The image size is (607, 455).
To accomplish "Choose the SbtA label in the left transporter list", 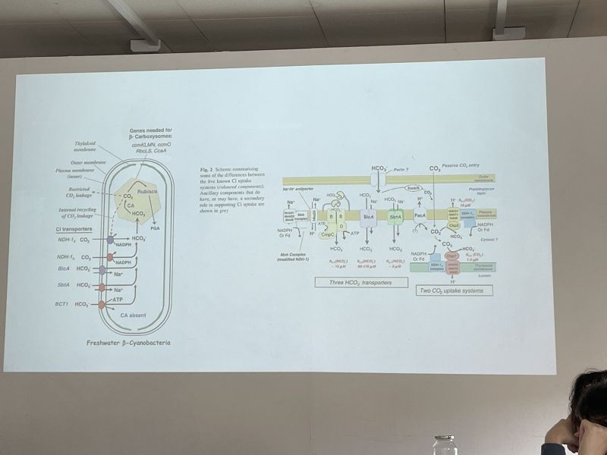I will tap(64, 285).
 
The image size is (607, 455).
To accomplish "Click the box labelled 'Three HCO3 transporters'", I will tap(361, 283).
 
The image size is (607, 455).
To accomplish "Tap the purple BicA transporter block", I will tap(369, 217).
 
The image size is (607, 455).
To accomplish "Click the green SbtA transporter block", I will tap(395, 217).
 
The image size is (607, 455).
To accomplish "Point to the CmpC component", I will tap(328, 235).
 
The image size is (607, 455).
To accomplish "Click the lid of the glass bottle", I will tap(444, 439).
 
